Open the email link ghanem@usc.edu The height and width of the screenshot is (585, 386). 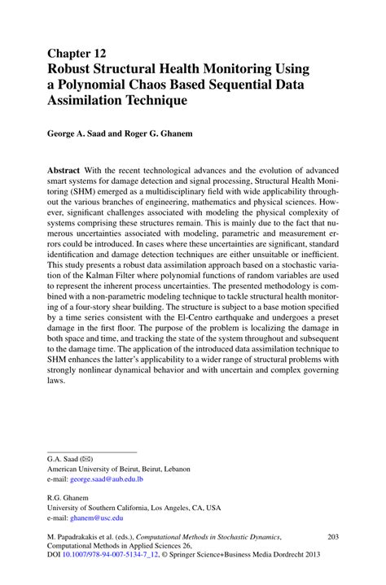[97, 517]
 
